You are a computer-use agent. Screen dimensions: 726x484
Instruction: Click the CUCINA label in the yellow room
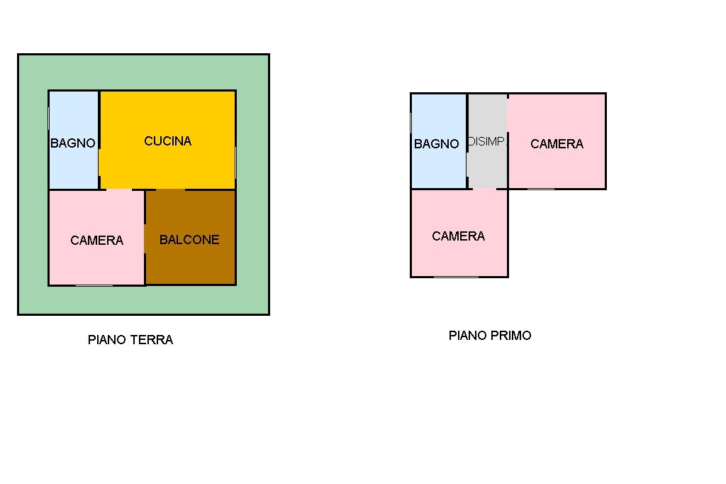pos(167,141)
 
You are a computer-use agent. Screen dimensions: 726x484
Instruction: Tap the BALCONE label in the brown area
pos(189,240)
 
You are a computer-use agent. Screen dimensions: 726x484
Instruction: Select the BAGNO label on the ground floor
pos(73,143)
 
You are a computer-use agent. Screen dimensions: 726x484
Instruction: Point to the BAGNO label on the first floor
pos(436,144)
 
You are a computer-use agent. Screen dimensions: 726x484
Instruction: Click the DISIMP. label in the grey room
pos(487,141)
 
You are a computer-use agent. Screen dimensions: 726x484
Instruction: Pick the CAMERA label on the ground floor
pos(96,240)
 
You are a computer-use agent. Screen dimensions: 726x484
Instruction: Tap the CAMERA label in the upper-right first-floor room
pos(557,144)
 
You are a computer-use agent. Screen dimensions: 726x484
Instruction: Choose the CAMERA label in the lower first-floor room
pos(459,236)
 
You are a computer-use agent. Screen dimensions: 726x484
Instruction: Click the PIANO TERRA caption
pos(130,340)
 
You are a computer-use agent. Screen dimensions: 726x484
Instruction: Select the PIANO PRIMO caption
pos(490,336)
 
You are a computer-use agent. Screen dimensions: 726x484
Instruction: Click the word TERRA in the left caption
pos(151,340)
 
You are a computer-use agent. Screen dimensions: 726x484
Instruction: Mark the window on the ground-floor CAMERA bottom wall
pos(94,285)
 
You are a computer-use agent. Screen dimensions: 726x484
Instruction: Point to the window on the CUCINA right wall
pos(235,163)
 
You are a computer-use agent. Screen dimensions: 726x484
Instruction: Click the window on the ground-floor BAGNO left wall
pos(49,119)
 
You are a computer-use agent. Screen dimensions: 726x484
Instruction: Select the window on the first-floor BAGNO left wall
pos(411,123)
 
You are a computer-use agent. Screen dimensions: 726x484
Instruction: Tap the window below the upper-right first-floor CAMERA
pos(541,189)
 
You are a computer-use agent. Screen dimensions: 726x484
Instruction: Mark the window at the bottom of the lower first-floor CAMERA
pos(456,277)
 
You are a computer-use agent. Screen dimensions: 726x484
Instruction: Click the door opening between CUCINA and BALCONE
pos(170,189)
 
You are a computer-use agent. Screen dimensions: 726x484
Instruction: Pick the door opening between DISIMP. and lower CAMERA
pos(484,189)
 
